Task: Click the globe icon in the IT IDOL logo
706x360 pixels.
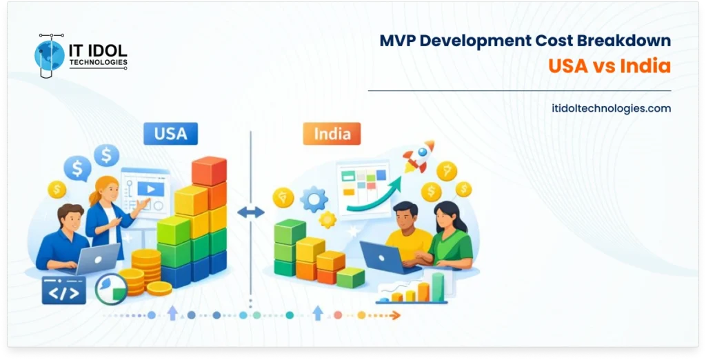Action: pyautogui.click(x=50, y=54)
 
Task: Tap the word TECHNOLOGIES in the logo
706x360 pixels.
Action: pyautogui.click(x=98, y=63)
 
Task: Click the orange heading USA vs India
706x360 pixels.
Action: pyautogui.click(x=609, y=66)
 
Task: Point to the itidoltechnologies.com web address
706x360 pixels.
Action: pyautogui.click(x=612, y=108)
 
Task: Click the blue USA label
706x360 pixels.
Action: pyautogui.click(x=170, y=133)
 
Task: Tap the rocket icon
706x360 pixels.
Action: pyautogui.click(x=418, y=156)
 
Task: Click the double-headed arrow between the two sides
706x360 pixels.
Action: pyautogui.click(x=250, y=212)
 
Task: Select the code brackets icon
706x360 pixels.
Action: pyautogui.click(x=63, y=290)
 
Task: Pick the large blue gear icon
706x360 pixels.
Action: pyautogui.click(x=314, y=200)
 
